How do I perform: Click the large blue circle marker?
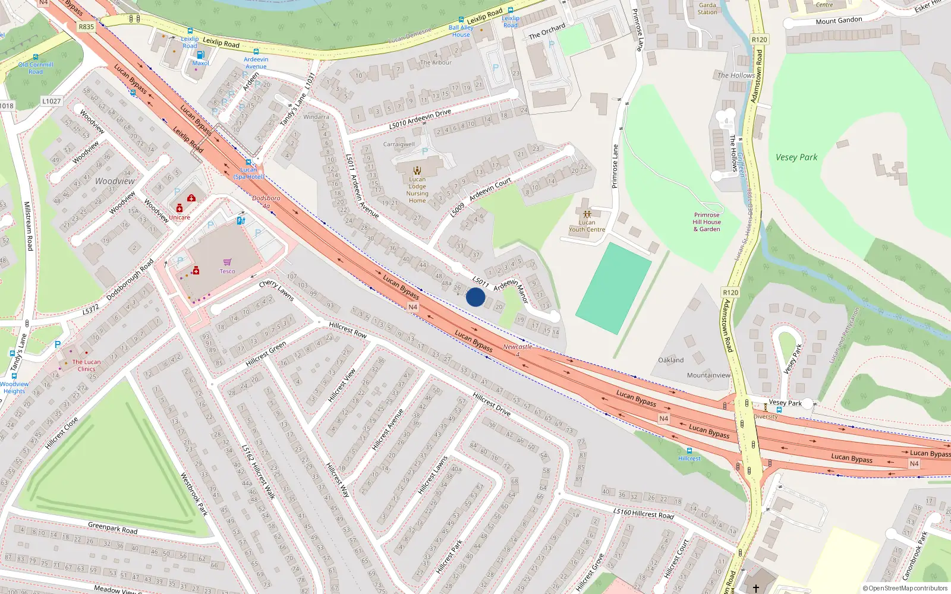point(475,297)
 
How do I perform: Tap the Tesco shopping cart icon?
point(227,262)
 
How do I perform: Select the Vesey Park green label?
point(796,157)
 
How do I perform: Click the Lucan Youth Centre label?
point(587,226)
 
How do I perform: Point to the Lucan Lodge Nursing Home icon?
point(417,170)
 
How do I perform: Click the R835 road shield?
point(86,27)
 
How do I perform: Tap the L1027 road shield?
point(52,101)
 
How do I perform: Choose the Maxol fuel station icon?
point(200,55)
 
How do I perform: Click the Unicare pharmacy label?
point(180,217)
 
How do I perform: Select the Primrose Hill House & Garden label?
point(707,222)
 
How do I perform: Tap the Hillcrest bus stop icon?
point(689,451)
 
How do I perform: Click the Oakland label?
point(670,360)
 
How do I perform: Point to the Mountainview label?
point(708,375)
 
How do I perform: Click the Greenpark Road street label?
point(112,528)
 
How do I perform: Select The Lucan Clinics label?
point(86,365)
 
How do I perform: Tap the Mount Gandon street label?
point(839,21)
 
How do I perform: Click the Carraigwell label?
point(399,144)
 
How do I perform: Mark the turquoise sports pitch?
point(614,288)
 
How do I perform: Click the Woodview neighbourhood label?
point(115,181)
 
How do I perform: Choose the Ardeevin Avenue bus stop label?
point(256,63)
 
